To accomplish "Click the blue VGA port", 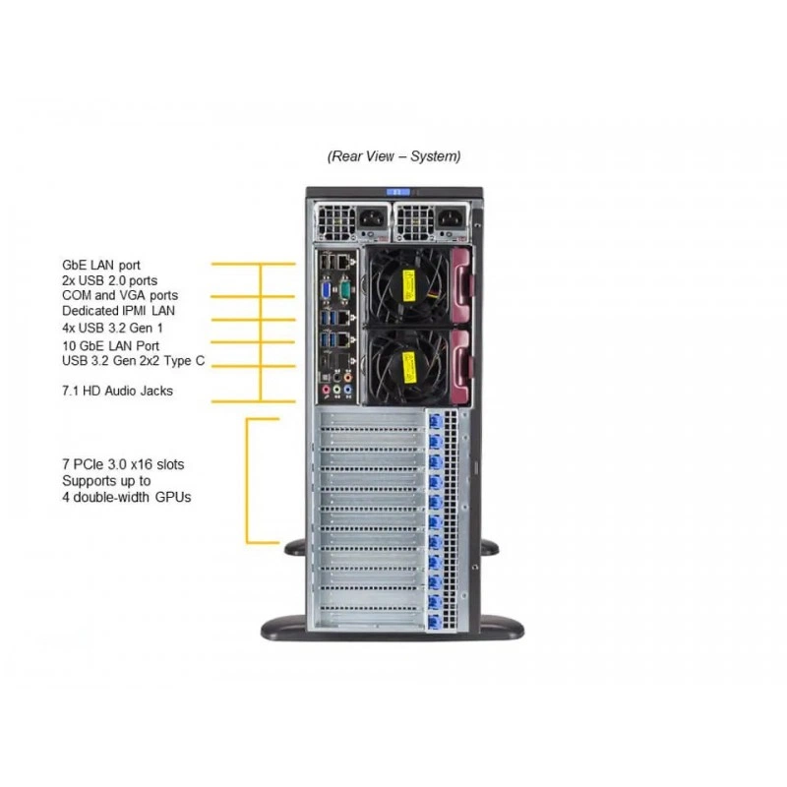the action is pyautogui.click(x=327, y=291).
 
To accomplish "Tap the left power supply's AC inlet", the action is pyautogui.click(x=372, y=218).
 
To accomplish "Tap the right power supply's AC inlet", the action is pyautogui.click(x=452, y=218).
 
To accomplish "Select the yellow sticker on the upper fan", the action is pyautogui.click(x=409, y=286).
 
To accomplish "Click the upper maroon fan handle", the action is pyautogui.click(x=461, y=285).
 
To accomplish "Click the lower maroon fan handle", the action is pyautogui.click(x=461, y=365).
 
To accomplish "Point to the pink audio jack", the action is pyautogui.click(x=327, y=390).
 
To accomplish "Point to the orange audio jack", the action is pyautogui.click(x=347, y=378).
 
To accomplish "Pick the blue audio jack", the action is pyautogui.click(x=347, y=390).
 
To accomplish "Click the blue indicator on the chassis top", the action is pyautogui.click(x=398, y=192).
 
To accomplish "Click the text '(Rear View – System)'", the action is pyautogui.click(x=394, y=156).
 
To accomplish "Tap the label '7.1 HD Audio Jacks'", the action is pyautogui.click(x=117, y=391).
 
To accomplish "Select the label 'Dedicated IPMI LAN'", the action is pyautogui.click(x=118, y=311).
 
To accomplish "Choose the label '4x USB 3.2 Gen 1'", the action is pyautogui.click(x=112, y=328).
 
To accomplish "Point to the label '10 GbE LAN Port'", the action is pyautogui.click(x=110, y=346).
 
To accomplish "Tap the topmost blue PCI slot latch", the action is pyautogui.click(x=435, y=421).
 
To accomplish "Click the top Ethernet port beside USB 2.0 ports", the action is pyautogui.click(x=343, y=262).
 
